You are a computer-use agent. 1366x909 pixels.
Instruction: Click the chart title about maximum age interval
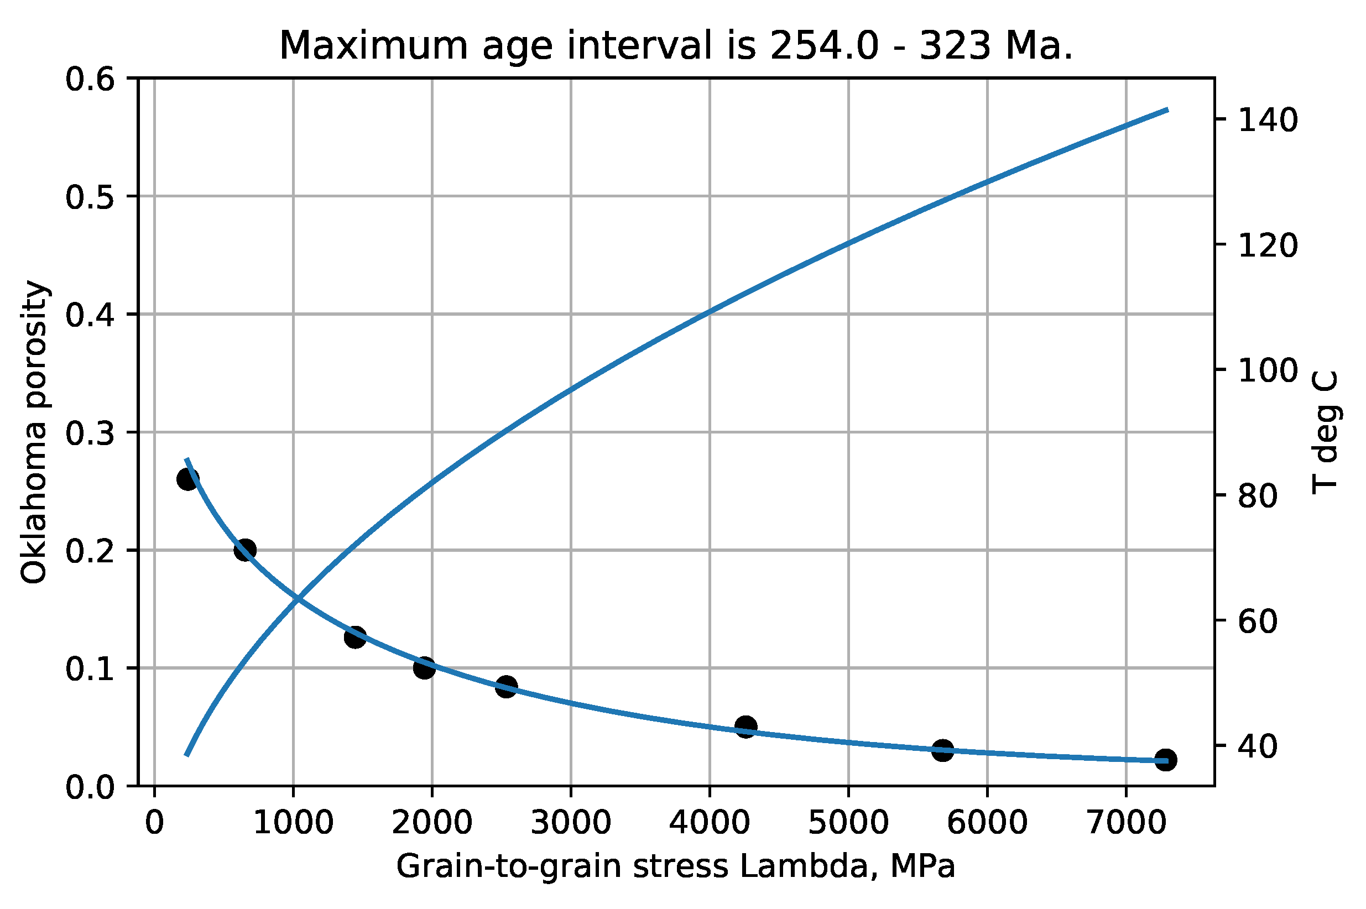[x=675, y=46]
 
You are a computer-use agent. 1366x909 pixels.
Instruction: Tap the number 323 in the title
[x=955, y=46]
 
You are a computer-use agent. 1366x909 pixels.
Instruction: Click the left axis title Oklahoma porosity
[x=34, y=432]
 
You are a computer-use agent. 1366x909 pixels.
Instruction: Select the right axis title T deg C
[x=1325, y=432]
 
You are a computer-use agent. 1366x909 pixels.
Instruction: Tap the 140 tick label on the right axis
[x=1268, y=121]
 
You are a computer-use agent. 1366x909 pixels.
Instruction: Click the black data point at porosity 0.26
[x=188, y=479]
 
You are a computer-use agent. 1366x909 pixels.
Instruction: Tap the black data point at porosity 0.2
[x=244, y=550]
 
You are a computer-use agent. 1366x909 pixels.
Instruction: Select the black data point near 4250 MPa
[x=745, y=727]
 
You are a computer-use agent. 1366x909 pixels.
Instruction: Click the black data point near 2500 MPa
[x=506, y=687]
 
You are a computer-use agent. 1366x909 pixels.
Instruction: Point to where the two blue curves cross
[x=298, y=599]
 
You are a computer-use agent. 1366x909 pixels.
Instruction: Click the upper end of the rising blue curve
[x=1166, y=109]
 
